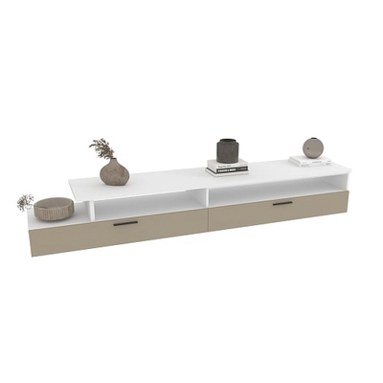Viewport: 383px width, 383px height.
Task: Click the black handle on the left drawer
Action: coord(125,223)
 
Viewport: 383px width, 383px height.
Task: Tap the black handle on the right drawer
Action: coord(282,203)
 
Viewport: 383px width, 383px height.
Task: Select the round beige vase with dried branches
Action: coord(114,172)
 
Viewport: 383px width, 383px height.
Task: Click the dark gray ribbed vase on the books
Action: coord(227,151)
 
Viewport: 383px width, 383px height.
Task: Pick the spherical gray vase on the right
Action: coord(313,147)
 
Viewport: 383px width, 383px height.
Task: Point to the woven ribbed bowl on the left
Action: coord(54,208)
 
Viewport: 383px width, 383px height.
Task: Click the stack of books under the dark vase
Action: coord(228,168)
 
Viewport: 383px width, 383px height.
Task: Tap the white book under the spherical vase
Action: coord(310,160)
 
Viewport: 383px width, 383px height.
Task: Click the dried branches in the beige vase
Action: coord(102,147)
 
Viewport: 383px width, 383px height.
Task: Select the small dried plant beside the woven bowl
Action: coord(25,201)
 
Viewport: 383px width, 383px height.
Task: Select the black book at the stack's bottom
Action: coord(228,171)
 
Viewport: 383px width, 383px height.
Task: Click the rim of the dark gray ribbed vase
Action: coord(227,141)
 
